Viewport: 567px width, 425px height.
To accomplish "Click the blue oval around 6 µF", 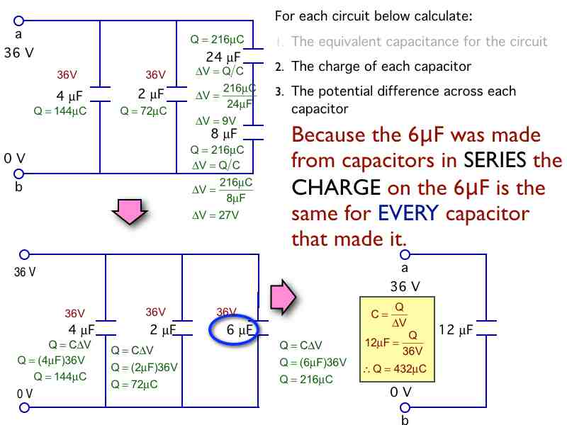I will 233,329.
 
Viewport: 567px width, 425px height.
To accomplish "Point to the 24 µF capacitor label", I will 225,57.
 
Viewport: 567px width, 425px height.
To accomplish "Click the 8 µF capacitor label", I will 225,133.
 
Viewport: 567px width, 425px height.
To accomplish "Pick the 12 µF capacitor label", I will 456,329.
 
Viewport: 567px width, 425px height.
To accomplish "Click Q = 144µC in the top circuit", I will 60,111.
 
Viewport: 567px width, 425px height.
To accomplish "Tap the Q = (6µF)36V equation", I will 313,362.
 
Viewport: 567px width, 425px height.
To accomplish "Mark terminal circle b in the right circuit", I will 405,408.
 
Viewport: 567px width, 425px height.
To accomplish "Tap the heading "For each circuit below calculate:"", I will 374,16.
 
